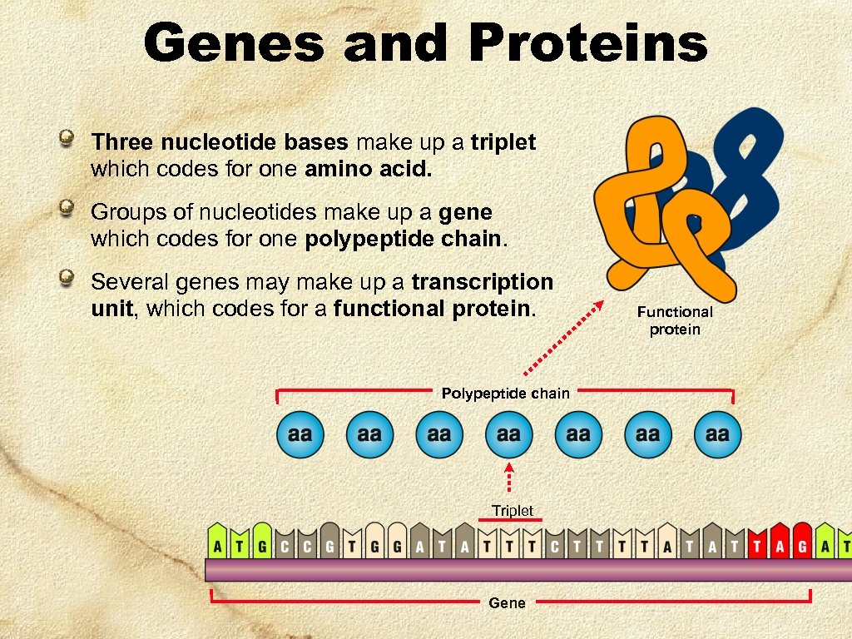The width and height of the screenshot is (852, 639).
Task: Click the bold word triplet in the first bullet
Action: [503, 142]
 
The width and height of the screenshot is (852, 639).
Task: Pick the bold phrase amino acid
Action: [369, 170]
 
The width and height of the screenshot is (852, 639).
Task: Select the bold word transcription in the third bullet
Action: [482, 281]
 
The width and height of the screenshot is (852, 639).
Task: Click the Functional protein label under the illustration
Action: [675, 320]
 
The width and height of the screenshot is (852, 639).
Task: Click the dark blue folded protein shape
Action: [745, 166]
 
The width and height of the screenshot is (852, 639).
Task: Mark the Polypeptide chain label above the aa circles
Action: [505, 393]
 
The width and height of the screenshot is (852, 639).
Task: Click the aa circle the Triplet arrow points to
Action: [508, 434]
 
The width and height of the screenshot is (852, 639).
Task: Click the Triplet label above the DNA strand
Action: [512, 510]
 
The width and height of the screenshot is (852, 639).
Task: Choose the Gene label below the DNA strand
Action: [507, 602]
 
